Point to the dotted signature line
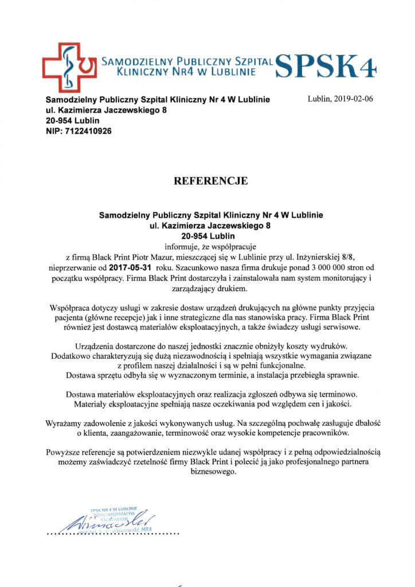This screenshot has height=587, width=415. pos(112,533)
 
